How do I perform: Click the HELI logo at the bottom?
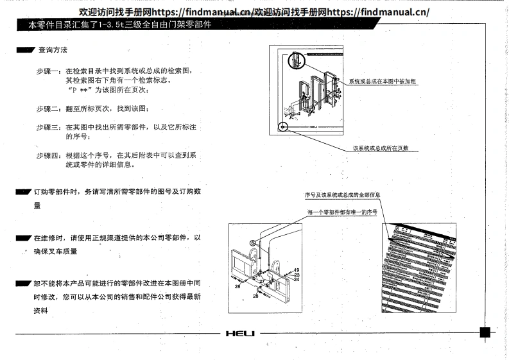point(241,333)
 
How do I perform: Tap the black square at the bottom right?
point(485,332)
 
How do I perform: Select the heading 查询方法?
point(52,49)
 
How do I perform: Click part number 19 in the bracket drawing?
point(297,270)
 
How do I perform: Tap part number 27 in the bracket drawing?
point(262,280)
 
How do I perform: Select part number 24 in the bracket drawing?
point(297,280)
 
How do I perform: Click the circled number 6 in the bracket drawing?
point(253,243)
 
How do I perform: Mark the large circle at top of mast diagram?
point(295,59)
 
